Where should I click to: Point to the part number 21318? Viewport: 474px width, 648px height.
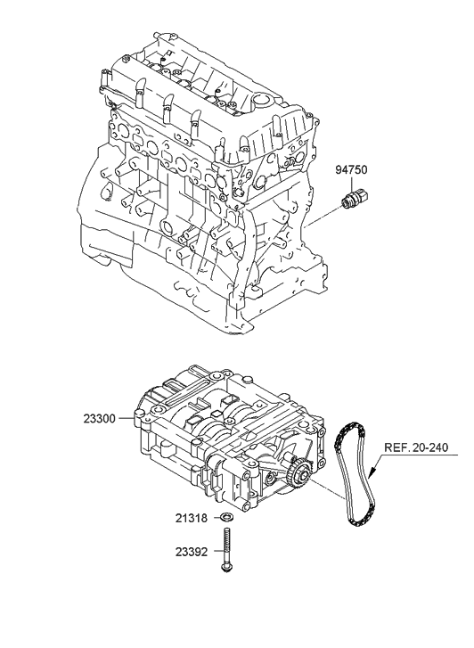click(x=192, y=518)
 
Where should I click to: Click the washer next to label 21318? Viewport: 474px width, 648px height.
click(x=227, y=518)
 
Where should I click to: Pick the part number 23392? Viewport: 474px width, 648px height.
click(x=192, y=552)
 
